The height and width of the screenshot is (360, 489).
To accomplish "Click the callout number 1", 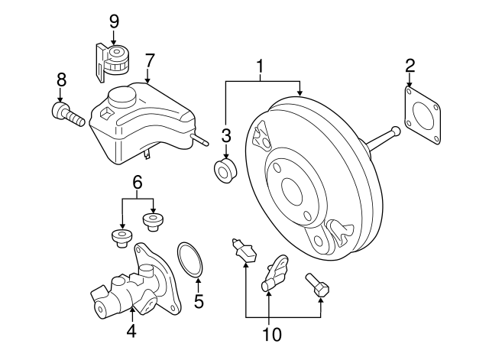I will click(261, 67).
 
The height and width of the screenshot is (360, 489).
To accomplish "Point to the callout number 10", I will click(272, 334).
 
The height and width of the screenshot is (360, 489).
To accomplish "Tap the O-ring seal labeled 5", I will click(191, 259).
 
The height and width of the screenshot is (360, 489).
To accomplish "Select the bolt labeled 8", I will click(66, 115).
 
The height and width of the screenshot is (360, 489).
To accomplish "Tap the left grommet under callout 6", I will click(119, 237).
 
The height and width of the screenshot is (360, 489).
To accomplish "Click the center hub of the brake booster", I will click(293, 189).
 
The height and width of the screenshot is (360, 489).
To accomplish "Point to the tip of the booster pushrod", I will click(396, 131).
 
